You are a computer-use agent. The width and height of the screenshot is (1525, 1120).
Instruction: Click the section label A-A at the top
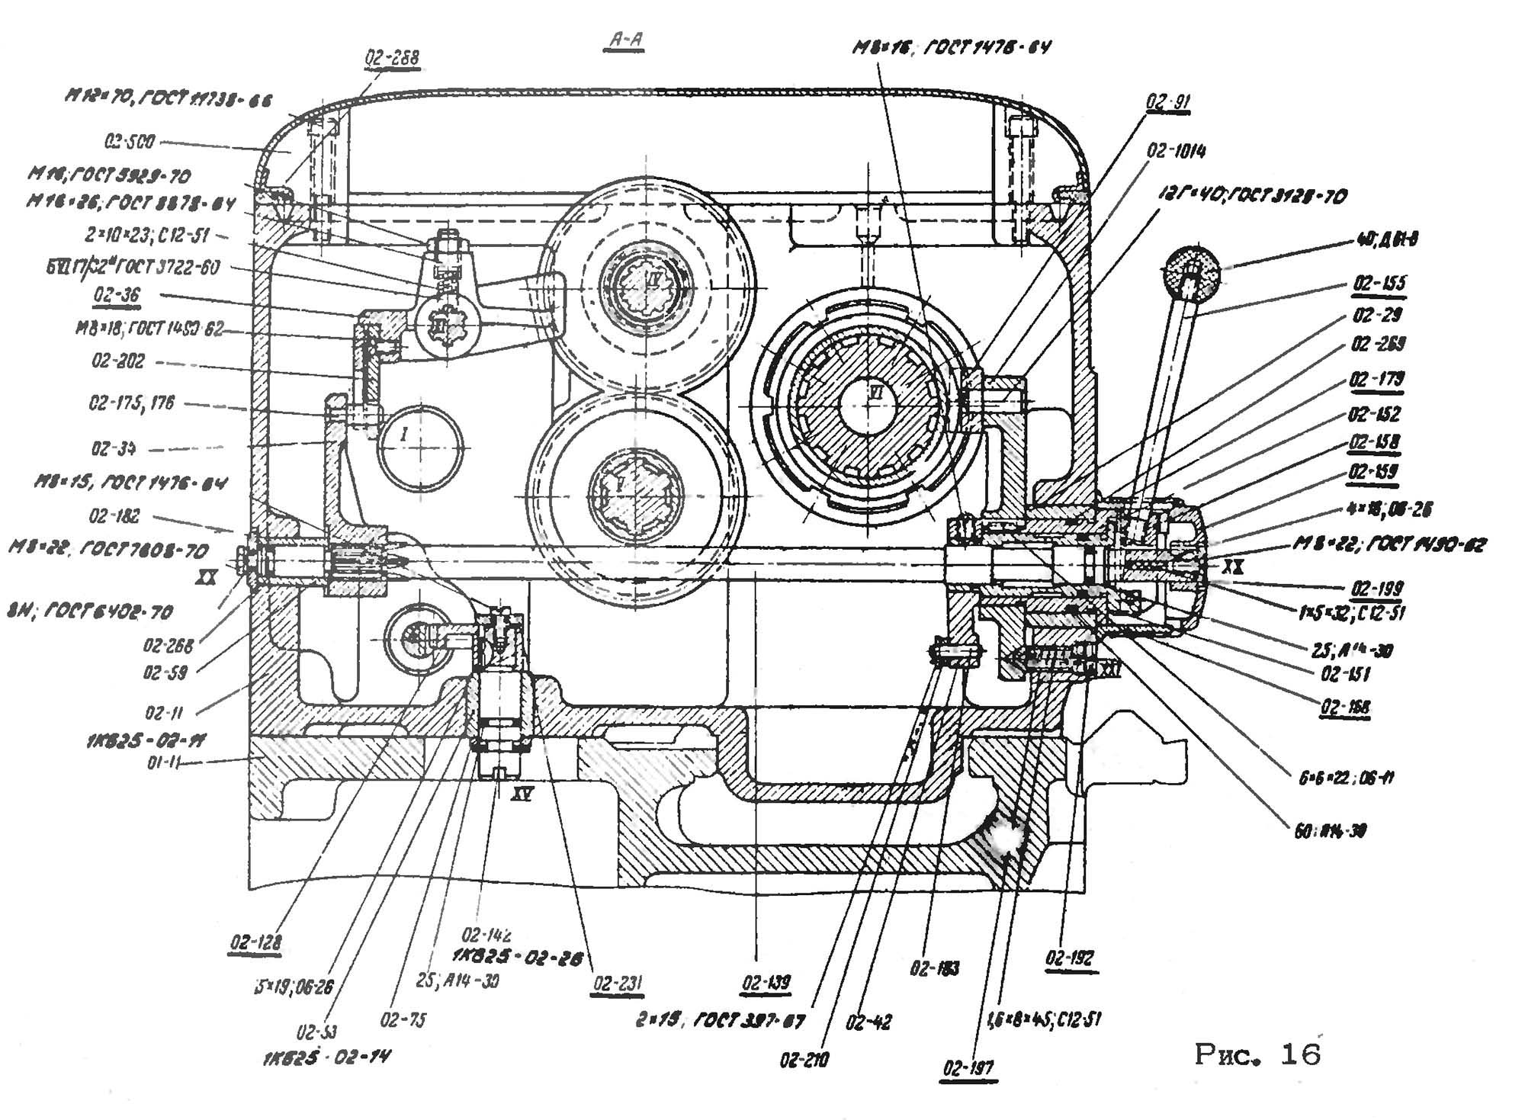pyautogui.click(x=624, y=40)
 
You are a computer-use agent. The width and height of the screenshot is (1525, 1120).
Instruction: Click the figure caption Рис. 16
pyautogui.click(x=1257, y=1054)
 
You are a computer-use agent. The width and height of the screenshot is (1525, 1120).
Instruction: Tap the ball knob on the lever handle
pyautogui.click(x=1190, y=270)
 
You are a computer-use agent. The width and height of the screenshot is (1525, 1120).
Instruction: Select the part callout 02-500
pyautogui.click(x=130, y=142)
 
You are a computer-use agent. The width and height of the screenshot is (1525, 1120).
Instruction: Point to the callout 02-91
pyautogui.click(x=1167, y=102)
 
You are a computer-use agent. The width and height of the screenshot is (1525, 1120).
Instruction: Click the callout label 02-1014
pyautogui.click(x=1176, y=151)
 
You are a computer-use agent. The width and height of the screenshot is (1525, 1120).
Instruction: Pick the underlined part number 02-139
pyautogui.click(x=766, y=983)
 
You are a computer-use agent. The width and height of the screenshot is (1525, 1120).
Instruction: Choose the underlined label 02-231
pyautogui.click(x=618, y=983)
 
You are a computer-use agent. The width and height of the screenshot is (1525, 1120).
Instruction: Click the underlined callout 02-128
pyautogui.click(x=255, y=942)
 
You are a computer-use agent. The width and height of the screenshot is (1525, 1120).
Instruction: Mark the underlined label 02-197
pyautogui.click(x=968, y=1068)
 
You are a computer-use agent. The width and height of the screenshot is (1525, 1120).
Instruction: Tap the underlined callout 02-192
pyautogui.click(x=1070, y=958)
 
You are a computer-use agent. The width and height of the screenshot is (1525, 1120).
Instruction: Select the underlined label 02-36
pyautogui.click(x=117, y=295)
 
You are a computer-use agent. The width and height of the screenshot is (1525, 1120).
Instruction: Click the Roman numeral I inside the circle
pyautogui.click(x=405, y=435)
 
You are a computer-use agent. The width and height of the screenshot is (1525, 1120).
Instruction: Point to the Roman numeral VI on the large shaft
pyautogui.click(x=875, y=391)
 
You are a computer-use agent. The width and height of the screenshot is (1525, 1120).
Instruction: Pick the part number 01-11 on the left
pyautogui.click(x=163, y=760)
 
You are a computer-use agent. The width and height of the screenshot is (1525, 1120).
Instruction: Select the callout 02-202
pyautogui.click(x=117, y=360)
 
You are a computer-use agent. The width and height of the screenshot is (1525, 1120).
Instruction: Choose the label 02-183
pyautogui.click(x=934, y=968)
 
